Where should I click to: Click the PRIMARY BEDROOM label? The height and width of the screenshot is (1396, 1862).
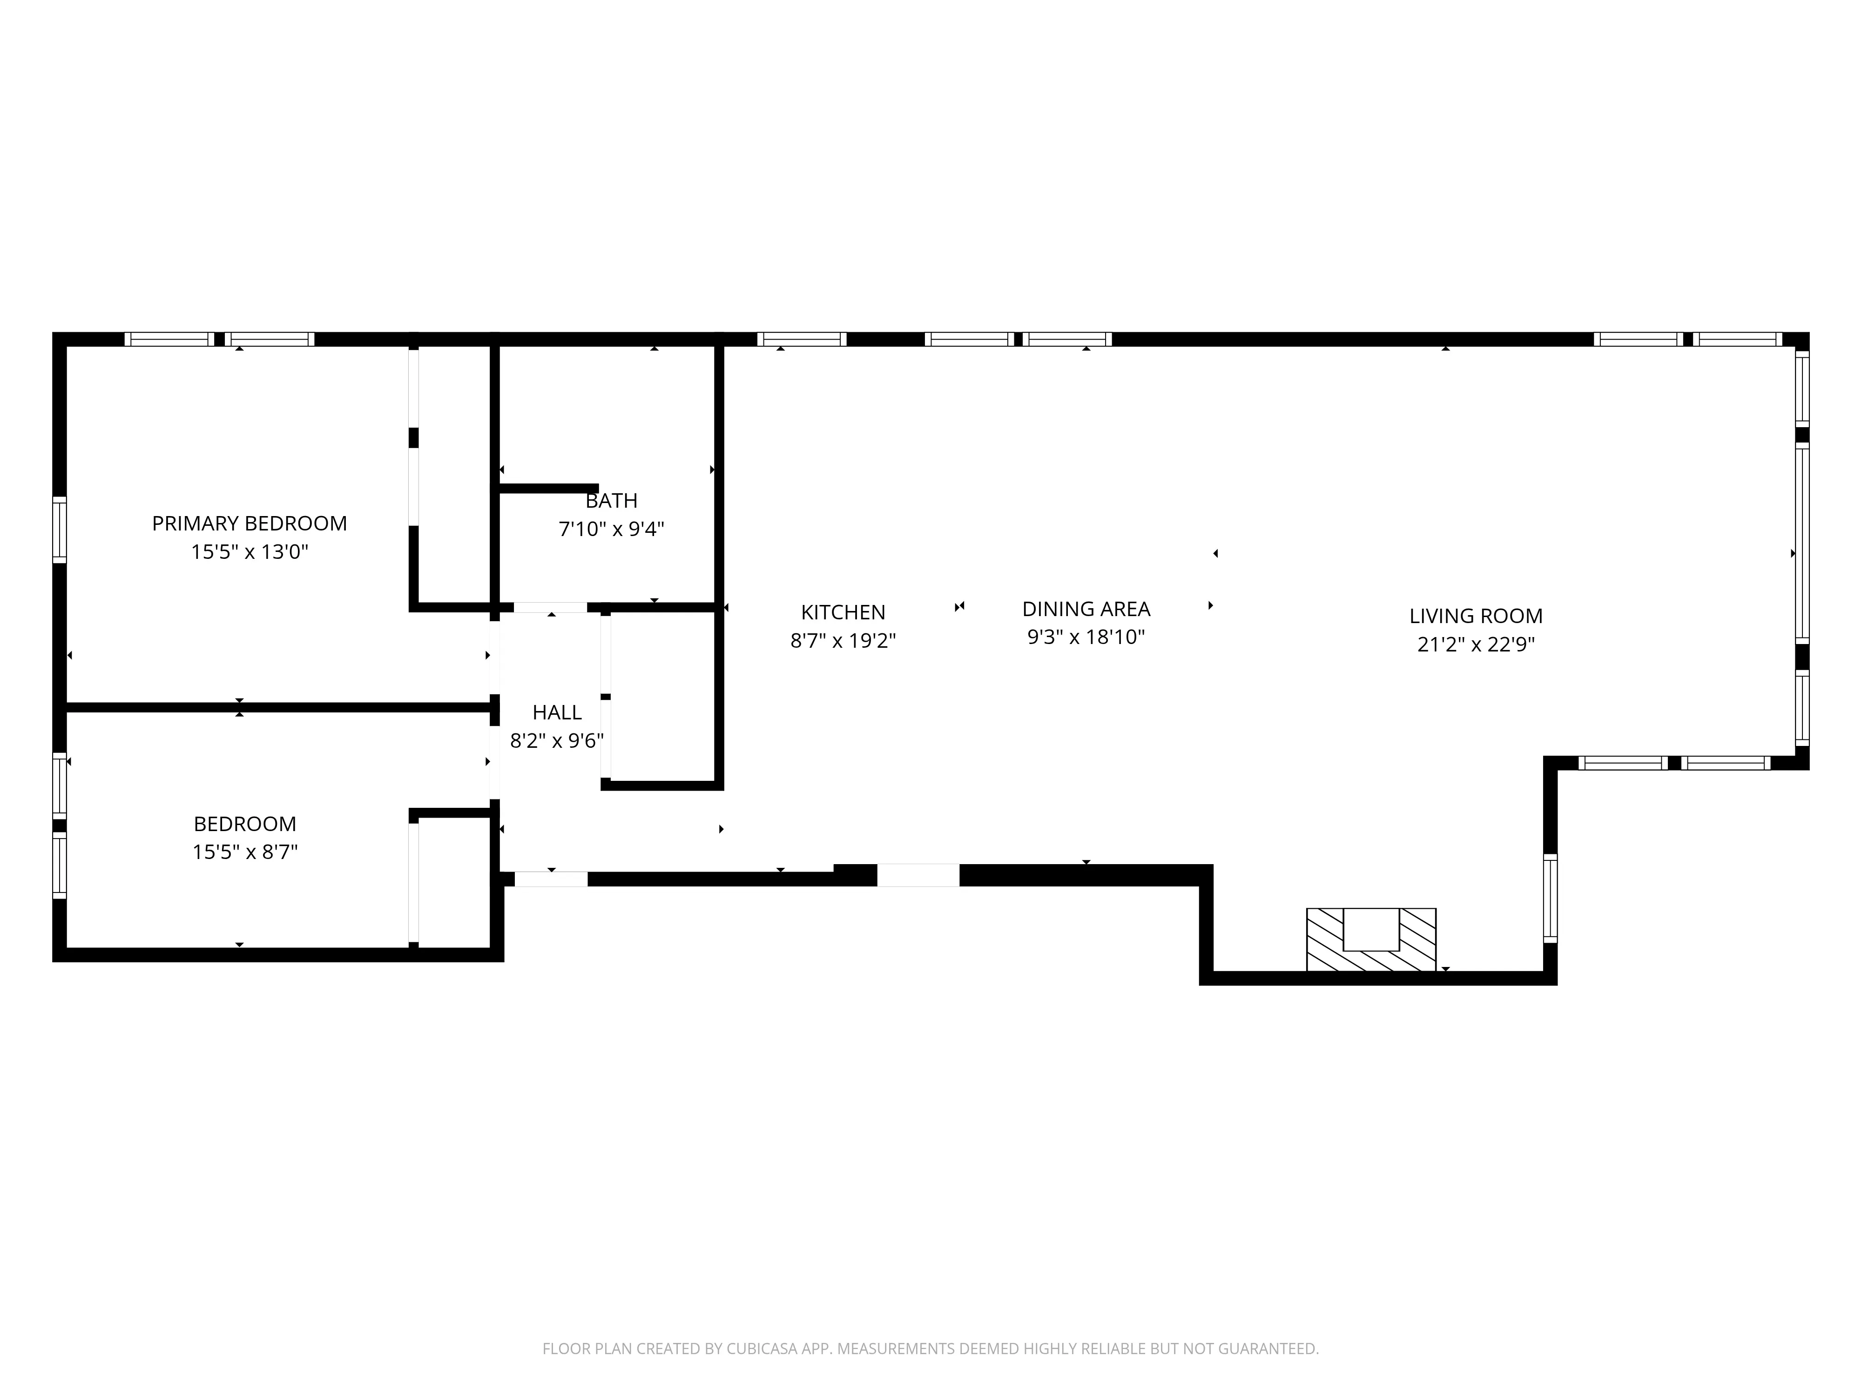[249, 523]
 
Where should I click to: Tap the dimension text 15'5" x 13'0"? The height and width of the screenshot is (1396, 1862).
[249, 552]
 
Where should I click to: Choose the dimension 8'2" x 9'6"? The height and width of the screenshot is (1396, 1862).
[556, 740]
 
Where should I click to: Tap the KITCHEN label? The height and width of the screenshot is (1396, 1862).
[843, 612]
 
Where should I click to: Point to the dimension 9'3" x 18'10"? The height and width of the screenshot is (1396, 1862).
[1086, 637]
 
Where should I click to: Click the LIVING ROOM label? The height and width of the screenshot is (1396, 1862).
[1476, 616]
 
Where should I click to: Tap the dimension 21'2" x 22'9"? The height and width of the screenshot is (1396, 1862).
[1476, 644]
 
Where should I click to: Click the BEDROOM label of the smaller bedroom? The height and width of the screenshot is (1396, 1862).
[245, 824]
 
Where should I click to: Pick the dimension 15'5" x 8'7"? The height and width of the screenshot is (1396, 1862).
[245, 852]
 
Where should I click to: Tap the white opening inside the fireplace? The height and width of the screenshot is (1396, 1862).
[1370, 929]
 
